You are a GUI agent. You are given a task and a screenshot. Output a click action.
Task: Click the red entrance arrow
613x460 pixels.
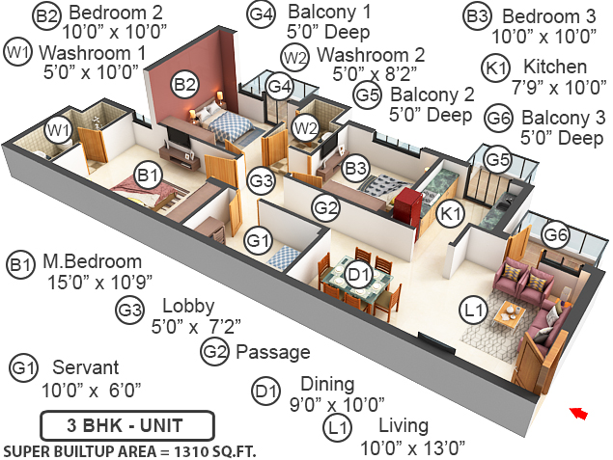[x=578, y=413]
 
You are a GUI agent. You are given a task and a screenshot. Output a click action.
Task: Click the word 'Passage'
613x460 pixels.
[x=273, y=351]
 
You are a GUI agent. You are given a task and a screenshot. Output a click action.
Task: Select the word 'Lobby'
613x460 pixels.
[x=188, y=306]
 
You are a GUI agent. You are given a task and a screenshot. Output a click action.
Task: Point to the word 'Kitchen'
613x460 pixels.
[x=554, y=67]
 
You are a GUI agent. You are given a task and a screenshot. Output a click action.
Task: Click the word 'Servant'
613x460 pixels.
[x=86, y=367]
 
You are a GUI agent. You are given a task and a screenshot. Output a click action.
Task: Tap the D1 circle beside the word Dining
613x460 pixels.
[x=265, y=392]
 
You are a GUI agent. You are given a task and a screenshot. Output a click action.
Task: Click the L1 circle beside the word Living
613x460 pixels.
[x=336, y=427]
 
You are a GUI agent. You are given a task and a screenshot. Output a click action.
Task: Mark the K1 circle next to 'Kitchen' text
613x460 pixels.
[x=496, y=68]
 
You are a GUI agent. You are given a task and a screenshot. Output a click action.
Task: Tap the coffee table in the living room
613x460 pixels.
[x=506, y=314]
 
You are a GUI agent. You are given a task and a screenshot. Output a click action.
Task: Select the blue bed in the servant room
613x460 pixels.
[x=284, y=257]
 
